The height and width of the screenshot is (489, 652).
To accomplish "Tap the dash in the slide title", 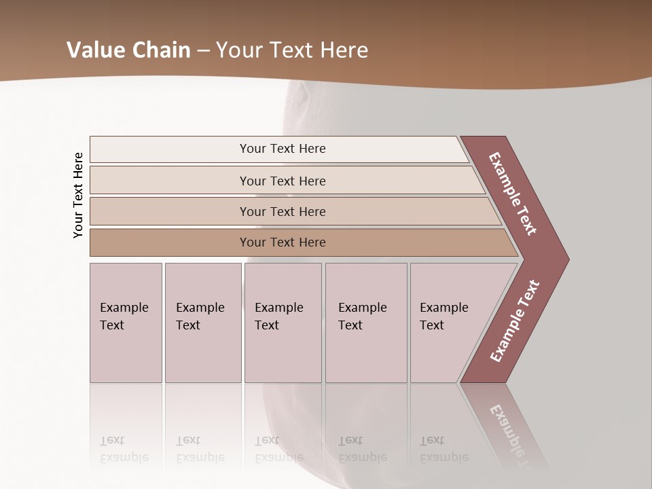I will click(x=203, y=51).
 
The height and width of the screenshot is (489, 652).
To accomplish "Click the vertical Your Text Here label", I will click(x=79, y=195).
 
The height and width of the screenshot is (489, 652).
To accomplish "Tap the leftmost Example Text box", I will click(x=126, y=323).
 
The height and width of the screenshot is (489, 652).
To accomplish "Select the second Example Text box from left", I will click(x=202, y=323).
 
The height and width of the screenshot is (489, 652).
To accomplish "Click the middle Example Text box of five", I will click(x=283, y=323).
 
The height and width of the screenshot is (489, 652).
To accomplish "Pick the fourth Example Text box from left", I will click(x=366, y=323).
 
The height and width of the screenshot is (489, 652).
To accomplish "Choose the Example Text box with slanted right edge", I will click(x=448, y=323).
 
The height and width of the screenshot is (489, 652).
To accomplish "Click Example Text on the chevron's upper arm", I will click(x=513, y=194).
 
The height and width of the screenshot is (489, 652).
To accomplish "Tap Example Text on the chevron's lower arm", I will click(x=514, y=321).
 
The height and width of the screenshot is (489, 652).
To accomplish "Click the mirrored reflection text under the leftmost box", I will click(x=124, y=449).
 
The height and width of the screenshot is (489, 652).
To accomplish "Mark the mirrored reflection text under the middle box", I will click(x=279, y=449).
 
